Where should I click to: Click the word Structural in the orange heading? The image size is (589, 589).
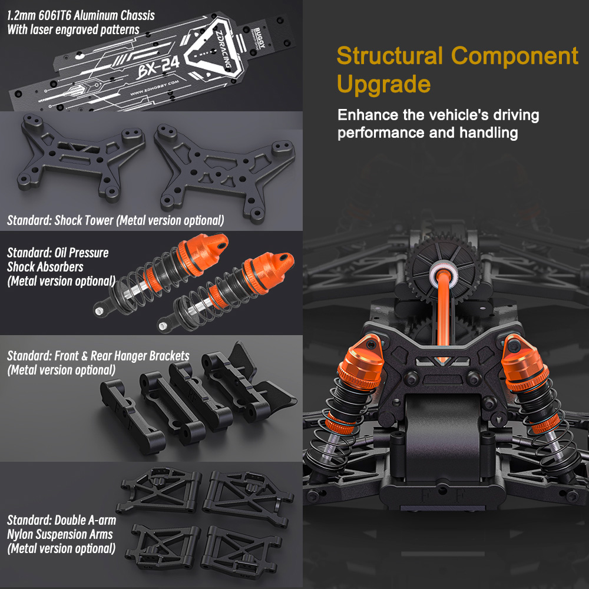[389, 56]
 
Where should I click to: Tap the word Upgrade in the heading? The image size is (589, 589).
[383, 84]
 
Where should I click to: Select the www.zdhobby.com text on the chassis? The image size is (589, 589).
[154, 88]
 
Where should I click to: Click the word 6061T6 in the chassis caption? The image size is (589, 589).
[54, 16]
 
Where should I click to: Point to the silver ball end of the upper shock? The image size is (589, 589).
[100, 311]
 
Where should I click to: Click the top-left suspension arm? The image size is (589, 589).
[159, 490]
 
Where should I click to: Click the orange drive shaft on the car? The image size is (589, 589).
[444, 309]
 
